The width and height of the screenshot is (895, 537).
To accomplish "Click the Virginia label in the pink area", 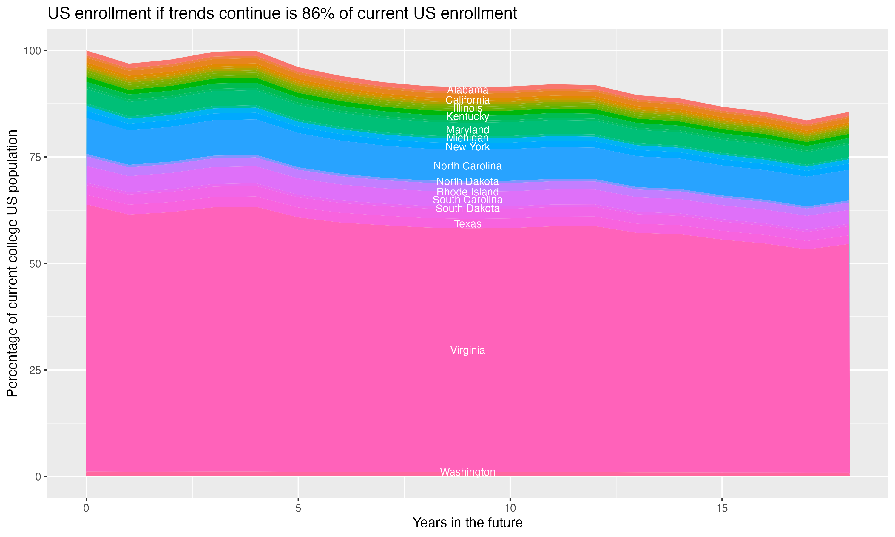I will pos(467,350).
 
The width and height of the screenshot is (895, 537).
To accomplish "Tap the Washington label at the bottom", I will pos(467,472).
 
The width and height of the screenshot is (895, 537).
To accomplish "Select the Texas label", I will pos(467,224).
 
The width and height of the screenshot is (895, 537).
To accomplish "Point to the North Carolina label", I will pos(467,166).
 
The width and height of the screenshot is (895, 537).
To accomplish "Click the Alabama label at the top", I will pos(467,90).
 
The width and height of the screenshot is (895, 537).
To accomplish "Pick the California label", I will pos(467,100).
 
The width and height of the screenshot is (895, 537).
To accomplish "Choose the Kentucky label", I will pos(467,117).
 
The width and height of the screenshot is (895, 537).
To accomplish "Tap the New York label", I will pos(467,147).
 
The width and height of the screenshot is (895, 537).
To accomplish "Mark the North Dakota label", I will pos(467,181).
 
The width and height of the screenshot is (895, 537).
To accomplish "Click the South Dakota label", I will pos(467,209).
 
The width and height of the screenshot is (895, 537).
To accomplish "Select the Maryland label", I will pos(467,129).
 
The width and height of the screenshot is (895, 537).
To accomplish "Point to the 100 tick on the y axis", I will pos(32,51).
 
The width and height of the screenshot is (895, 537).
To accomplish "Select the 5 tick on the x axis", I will pos(298,508).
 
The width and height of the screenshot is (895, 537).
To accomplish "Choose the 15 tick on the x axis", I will pos(722,508).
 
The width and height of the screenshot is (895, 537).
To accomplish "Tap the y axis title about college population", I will pos(12,263).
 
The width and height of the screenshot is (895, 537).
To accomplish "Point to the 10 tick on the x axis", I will pos(510,508).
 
